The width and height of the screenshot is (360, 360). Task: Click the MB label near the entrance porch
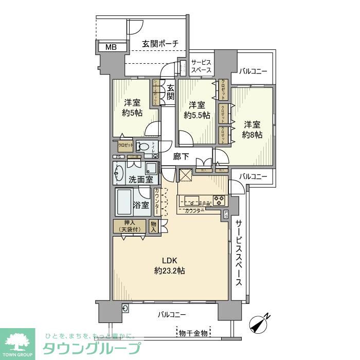111,47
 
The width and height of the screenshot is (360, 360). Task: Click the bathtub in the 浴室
125,203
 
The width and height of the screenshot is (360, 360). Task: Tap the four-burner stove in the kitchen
218,200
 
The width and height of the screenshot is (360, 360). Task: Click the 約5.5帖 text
197,115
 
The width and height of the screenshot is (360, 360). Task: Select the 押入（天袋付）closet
130,226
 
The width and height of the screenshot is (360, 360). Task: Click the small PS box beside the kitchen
226,216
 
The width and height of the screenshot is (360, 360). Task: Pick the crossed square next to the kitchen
185,175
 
